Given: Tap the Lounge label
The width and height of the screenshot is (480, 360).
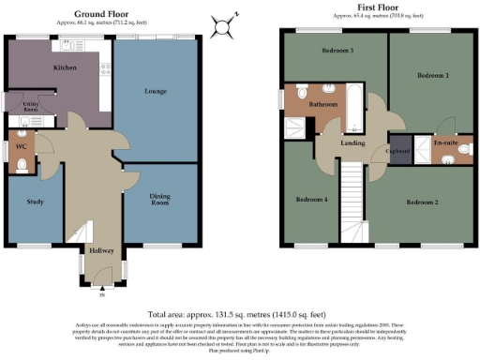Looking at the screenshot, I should point(156,92).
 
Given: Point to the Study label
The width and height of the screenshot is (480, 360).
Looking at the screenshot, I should point(36,202).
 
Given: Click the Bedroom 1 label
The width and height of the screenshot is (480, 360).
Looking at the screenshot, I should point(433,75).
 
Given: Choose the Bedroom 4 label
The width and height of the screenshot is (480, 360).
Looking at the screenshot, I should point(311,200).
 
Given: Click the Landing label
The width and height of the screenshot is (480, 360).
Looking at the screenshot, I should point(352,143).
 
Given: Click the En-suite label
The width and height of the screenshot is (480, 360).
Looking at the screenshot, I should point(445,142).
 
